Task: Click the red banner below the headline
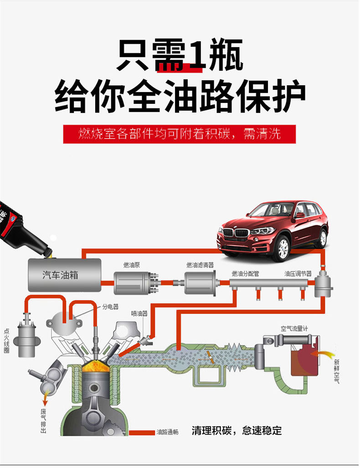[x=180, y=134]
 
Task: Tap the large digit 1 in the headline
[x=195, y=55]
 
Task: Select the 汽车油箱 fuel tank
[x=65, y=275]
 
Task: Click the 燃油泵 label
[x=132, y=265]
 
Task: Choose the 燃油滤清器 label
[x=201, y=265]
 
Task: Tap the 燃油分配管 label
[x=245, y=273]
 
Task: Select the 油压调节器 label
[x=298, y=273]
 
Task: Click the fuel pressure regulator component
[x=323, y=283]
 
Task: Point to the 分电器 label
[x=110, y=307]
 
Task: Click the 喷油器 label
[x=139, y=314]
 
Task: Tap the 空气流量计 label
[x=294, y=329]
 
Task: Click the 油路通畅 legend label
[x=167, y=432]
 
